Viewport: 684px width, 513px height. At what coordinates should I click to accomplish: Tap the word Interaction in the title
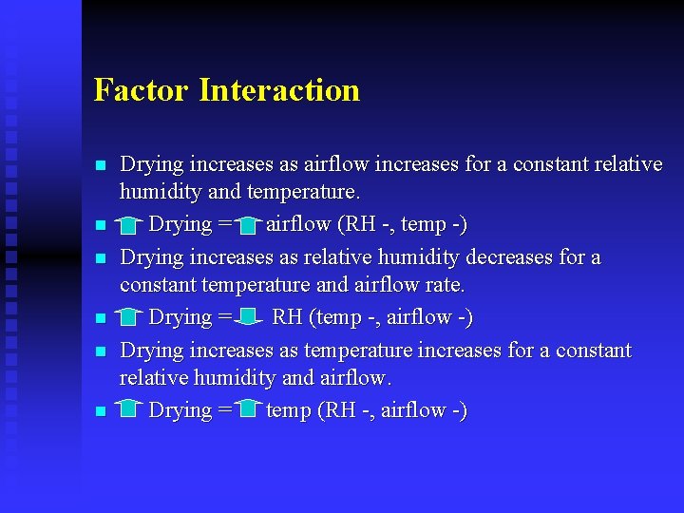tap(279, 90)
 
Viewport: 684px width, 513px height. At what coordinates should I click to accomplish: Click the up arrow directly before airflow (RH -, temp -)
tap(249, 225)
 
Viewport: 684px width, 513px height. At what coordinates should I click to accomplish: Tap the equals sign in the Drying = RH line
tap(224, 317)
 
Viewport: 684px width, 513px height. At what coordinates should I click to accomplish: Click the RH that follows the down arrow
tap(287, 317)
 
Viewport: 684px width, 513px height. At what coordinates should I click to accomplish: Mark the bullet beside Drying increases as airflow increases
tap(100, 165)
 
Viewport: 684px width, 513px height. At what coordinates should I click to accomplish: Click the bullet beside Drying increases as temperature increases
tap(100, 351)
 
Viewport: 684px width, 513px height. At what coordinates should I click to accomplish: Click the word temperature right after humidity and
tap(302, 193)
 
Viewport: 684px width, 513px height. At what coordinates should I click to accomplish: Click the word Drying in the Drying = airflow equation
tap(180, 225)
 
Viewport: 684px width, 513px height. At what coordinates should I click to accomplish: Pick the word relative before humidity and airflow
tap(153, 378)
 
